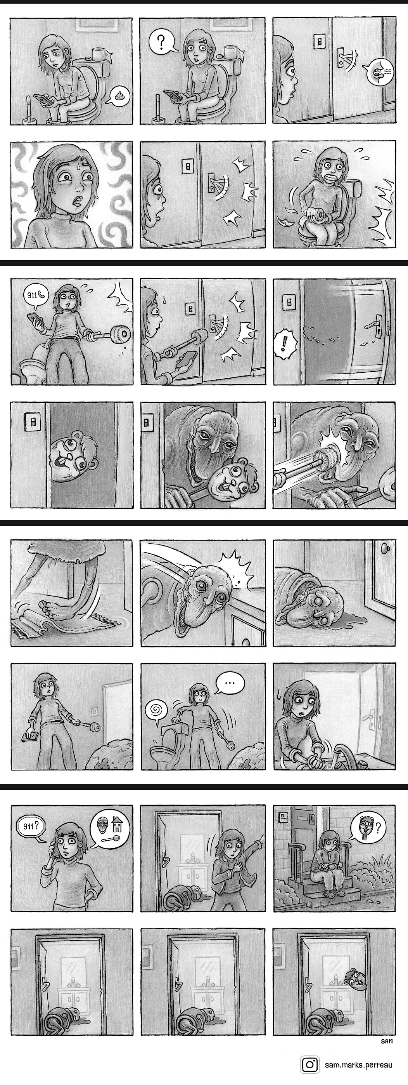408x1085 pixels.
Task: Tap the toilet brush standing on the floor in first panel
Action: [29, 111]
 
